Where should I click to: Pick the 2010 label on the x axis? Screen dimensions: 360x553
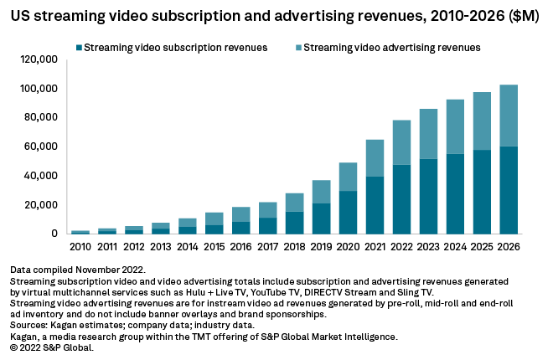point(80,246)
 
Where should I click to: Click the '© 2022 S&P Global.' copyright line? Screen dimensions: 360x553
point(52,346)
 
